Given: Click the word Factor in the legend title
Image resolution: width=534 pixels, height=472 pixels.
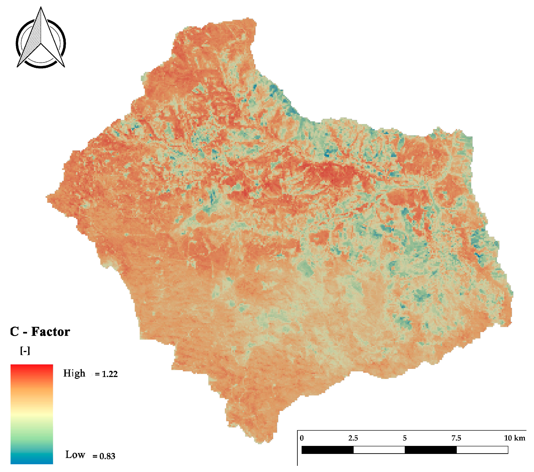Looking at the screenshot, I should point(51,332).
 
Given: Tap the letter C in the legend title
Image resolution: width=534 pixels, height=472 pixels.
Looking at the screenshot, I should point(14,332).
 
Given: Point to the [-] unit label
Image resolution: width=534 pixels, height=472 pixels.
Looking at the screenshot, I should point(25,351).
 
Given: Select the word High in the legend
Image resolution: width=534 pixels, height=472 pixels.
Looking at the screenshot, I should point(74,373).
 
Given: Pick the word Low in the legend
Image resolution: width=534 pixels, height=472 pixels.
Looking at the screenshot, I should point(75,455).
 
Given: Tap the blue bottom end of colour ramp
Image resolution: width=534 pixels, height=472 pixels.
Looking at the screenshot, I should point(32,461).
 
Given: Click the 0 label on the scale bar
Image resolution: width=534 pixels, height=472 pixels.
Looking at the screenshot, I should point(302,438).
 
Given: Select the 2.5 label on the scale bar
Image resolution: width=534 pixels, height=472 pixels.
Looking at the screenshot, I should point(353,438).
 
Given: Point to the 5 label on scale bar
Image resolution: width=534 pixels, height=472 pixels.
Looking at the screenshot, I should point(405,438).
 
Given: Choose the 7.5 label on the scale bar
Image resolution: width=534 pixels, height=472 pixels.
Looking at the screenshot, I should point(456,438).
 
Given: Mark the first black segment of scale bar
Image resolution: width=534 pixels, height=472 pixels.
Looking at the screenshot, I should point(327,450).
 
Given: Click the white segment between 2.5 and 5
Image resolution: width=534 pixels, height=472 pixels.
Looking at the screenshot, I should point(379,450).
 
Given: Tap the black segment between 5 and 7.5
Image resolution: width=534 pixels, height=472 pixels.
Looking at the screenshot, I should point(431,450).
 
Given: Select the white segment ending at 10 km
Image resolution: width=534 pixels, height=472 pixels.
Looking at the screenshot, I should point(482,450).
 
